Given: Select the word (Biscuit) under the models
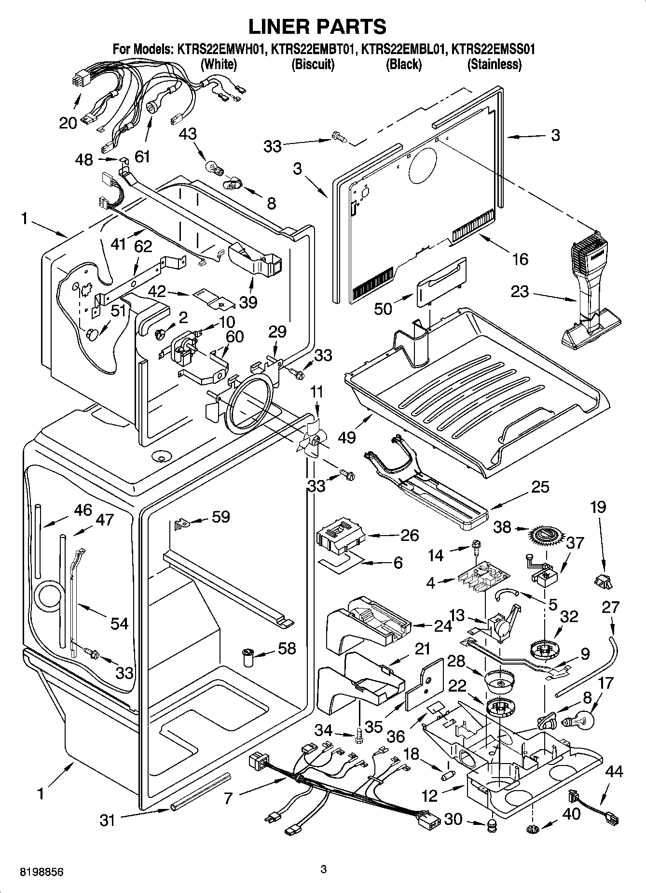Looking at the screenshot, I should point(313,64).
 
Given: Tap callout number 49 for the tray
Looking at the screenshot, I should point(347,437).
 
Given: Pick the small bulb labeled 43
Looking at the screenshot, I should point(214,168).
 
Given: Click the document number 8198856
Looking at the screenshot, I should point(41,872).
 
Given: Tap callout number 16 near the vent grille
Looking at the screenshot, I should point(520,259).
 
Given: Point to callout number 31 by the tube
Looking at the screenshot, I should point(108,820).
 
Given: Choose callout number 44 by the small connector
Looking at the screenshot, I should point(613,772).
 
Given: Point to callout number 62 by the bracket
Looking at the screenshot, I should point(142,246).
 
